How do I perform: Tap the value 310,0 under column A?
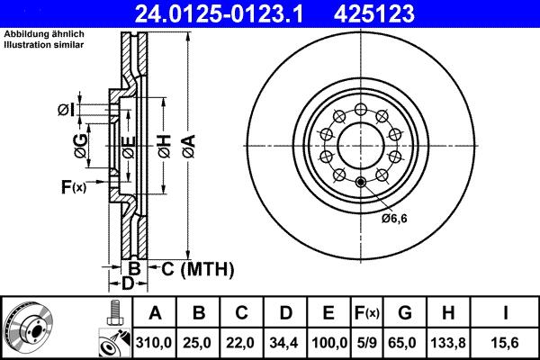coord(155,340)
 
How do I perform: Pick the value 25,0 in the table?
coord(199,340)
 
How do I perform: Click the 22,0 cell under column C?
coord(242,340)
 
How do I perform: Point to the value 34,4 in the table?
coord(285,340)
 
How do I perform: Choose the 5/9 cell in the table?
coord(367,340)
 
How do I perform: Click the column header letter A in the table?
coord(155,312)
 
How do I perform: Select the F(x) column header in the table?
coord(367,312)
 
